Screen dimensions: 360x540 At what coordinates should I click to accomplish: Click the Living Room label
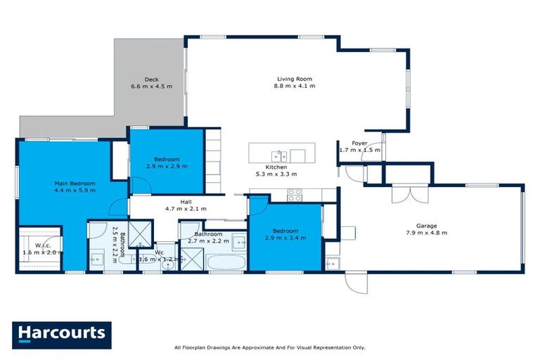click(294, 79)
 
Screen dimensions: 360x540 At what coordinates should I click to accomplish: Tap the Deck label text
click(151, 79)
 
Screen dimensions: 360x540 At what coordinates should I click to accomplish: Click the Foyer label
click(359, 143)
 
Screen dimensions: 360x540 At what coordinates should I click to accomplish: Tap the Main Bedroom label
click(75, 183)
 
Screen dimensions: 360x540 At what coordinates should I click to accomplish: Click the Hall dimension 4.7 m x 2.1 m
click(186, 209)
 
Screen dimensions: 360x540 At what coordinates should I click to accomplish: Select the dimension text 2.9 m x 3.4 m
click(285, 238)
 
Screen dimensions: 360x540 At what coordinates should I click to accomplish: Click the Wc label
click(160, 252)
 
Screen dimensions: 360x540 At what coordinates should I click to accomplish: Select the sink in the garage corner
click(331, 264)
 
